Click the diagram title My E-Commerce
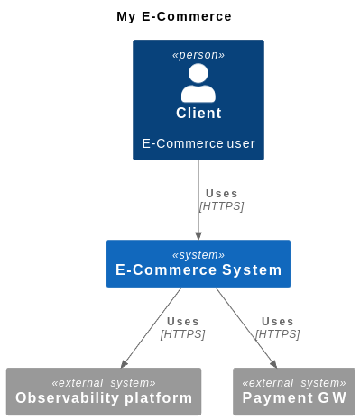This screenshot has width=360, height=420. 174,16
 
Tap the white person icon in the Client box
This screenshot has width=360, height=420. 198,83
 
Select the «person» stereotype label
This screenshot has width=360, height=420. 198,55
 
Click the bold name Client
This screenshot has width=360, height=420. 198,113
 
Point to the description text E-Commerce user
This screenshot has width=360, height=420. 198,143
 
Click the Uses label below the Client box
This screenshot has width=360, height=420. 222,193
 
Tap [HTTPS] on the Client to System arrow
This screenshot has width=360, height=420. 222,205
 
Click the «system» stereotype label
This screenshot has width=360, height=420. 198,255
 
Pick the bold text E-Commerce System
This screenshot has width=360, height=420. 198,270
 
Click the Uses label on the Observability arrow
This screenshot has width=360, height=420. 183,321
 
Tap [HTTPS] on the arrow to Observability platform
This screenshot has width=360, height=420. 183,334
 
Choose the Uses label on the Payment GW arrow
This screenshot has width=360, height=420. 278,321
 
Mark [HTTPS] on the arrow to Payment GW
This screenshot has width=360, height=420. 278,334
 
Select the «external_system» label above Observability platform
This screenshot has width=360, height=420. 104,383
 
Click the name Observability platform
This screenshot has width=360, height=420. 104,398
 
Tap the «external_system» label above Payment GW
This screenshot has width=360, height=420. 294,383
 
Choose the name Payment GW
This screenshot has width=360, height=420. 294,398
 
